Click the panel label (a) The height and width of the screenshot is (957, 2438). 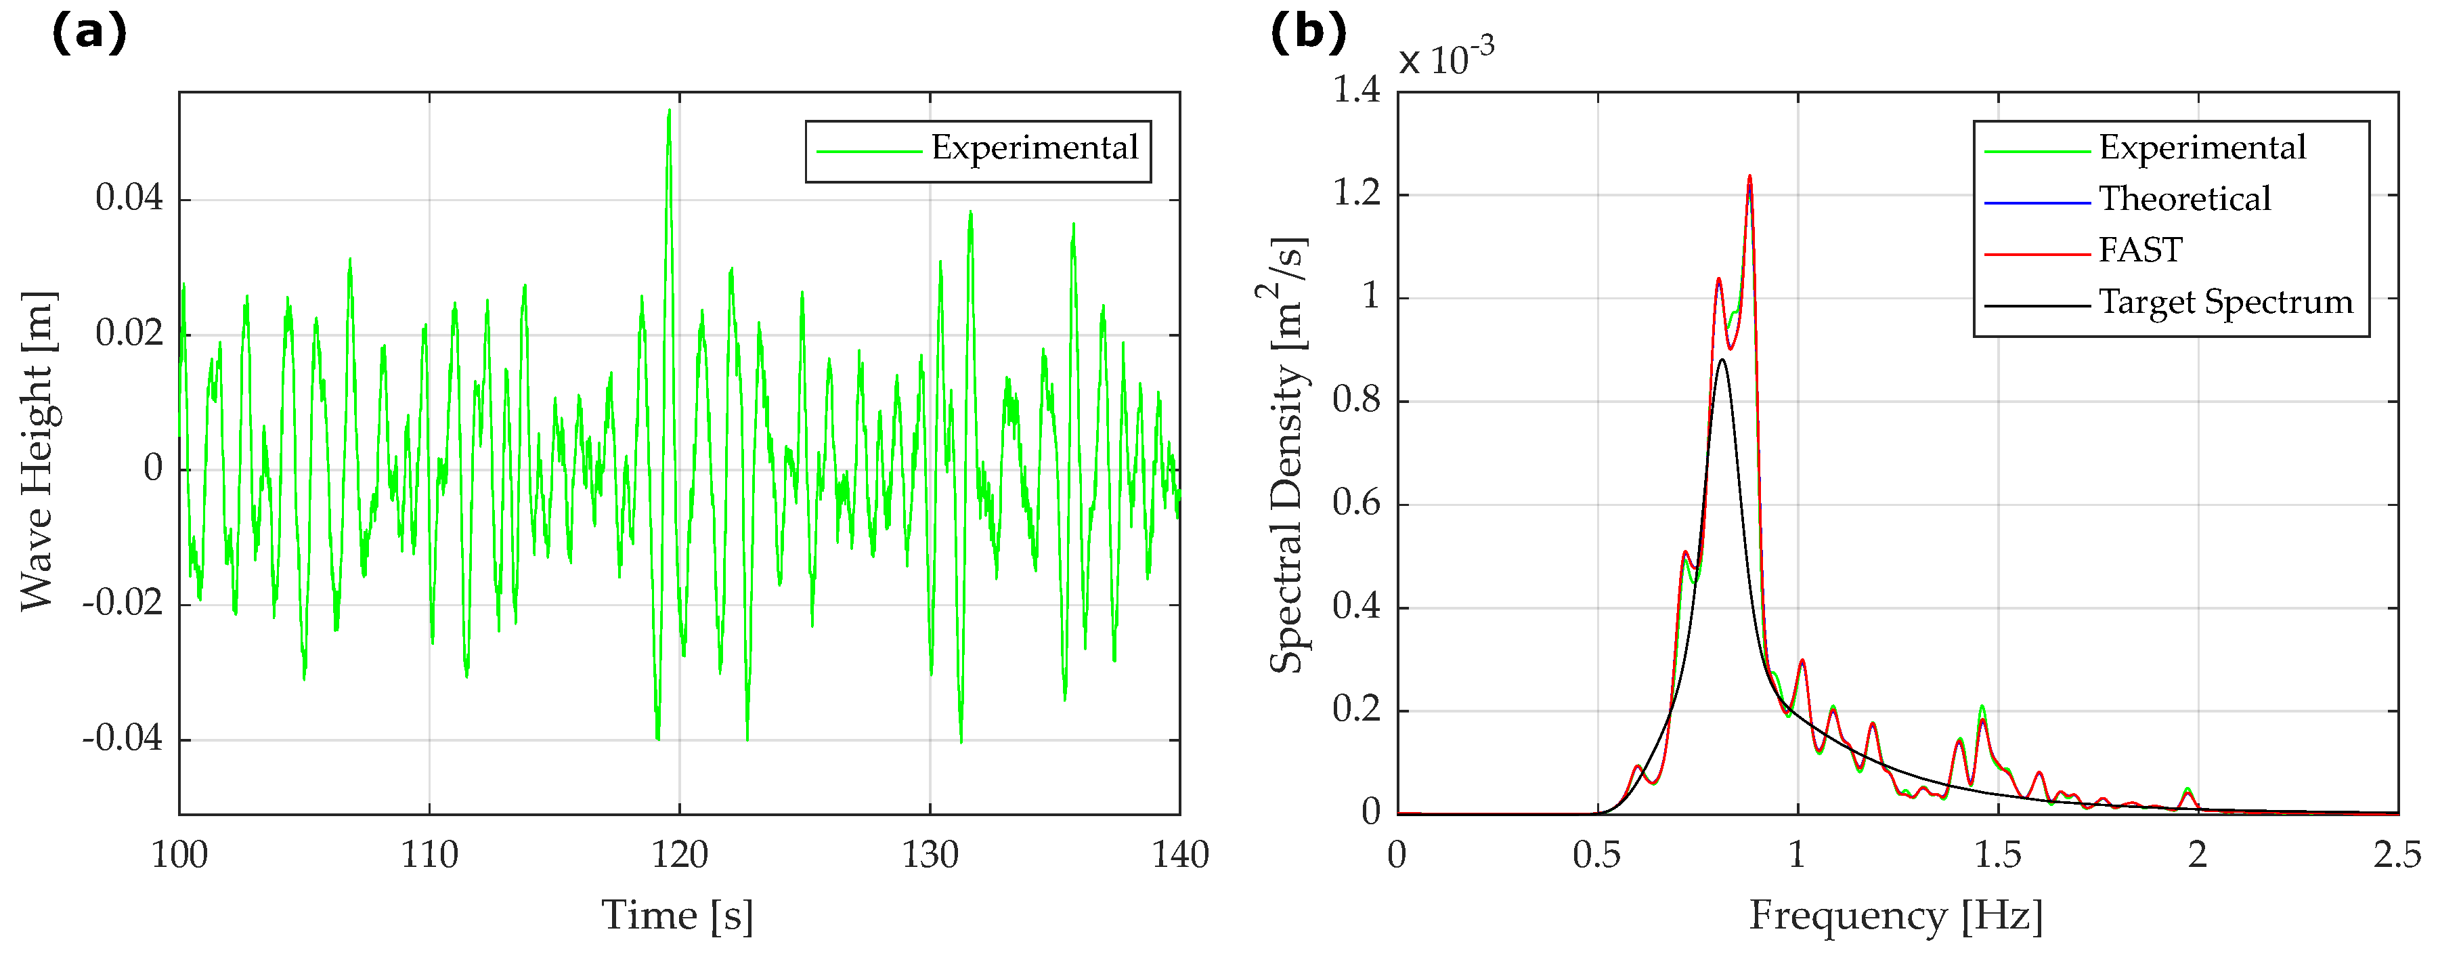coord(88,34)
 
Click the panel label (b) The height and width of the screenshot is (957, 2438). coord(1307,34)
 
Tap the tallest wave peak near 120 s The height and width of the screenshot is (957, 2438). coord(669,112)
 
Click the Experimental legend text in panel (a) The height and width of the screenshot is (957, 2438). coord(1034,148)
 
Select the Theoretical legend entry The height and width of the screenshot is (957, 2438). coord(2184,200)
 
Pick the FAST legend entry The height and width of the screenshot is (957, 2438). coord(2140,251)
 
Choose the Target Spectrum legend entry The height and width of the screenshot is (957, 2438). coord(2225,303)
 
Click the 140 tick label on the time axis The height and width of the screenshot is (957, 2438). coord(1179,855)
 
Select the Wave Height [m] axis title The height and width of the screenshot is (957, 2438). coord(38,450)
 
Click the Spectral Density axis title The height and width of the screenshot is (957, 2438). coord(1287,454)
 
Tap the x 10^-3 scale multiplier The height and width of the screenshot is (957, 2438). coord(1446,59)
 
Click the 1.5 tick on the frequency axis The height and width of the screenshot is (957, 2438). coord(1997,855)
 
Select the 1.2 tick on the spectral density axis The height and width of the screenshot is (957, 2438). coord(1355,194)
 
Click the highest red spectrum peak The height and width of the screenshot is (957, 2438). coord(1749,177)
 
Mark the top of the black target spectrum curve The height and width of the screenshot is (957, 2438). coord(1722,360)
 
